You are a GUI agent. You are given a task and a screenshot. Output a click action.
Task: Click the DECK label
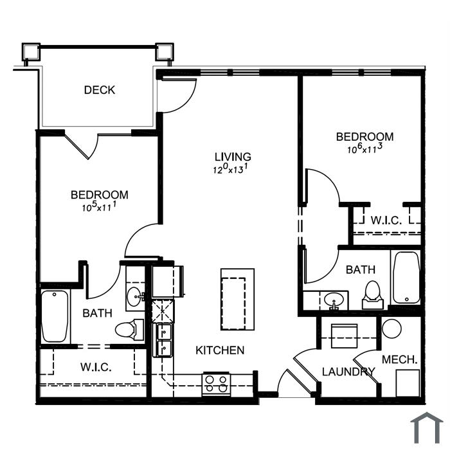pos(100,90)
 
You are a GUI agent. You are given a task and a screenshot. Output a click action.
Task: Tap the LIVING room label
pos(233,157)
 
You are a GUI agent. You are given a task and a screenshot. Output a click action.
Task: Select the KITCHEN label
pos(220,350)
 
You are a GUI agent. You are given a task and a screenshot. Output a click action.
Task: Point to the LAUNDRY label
pos(348,372)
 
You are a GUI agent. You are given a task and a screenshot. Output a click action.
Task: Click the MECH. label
pos(399,359)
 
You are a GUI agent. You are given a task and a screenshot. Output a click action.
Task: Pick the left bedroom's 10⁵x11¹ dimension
pos(99,206)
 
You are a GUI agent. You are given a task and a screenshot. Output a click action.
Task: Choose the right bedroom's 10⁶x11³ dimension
pos(365,148)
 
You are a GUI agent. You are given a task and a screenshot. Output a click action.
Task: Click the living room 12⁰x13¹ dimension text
pos(230,168)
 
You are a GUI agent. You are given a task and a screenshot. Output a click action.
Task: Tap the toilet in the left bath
pos(129,329)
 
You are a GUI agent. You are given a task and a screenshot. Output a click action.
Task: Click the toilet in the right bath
pos(372,295)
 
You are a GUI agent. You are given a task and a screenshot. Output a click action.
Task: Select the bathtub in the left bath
pos(55,316)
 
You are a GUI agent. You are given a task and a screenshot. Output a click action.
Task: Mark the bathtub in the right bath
pos(406,278)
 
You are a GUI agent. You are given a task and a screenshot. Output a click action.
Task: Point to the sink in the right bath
pos(333,300)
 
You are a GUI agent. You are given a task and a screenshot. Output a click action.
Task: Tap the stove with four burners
pos(217,384)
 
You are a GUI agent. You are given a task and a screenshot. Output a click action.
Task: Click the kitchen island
pos(237,300)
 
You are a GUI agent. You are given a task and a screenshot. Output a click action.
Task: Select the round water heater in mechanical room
pos(392,328)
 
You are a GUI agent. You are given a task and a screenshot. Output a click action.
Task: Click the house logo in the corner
pos(427,428)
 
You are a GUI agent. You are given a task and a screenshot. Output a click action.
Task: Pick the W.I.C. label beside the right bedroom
pos(386,221)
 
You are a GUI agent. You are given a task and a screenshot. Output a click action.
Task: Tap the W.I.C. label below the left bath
pos(96,367)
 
